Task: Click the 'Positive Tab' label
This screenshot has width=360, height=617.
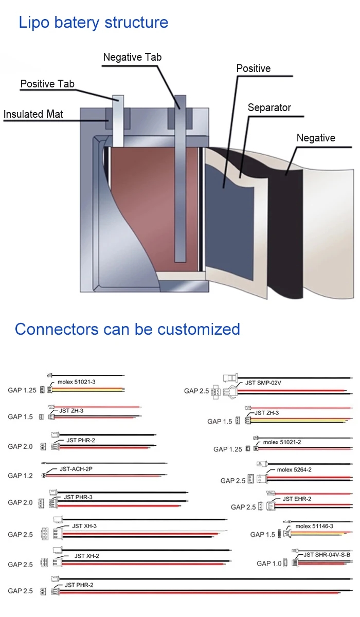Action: pos(47,84)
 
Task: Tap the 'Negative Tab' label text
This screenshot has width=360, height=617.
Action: pos(132,57)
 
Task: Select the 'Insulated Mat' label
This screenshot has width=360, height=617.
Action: pos(33,114)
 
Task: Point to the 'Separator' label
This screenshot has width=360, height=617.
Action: pos(269,107)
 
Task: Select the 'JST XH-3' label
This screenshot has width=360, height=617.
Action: pos(84,526)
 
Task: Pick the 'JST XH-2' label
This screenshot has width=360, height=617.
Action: pos(86,556)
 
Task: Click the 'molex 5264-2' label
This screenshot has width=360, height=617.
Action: pos(294,469)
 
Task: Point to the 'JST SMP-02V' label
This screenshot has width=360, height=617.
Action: pos(263,383)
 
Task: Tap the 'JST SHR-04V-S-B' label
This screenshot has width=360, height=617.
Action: pos(327,555)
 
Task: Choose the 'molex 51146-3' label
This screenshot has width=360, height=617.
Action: pos(314,526)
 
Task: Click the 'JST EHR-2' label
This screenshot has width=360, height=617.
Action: pos(297,499)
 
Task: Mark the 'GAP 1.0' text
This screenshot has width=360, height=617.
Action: pos(269,564)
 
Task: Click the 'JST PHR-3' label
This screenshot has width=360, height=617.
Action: pos(78,497)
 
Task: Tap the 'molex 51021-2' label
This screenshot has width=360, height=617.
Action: pos(282,442)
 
